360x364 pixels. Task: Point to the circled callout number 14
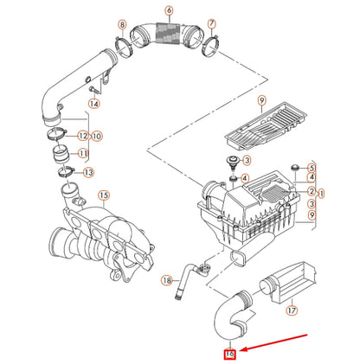pyautogui.click(x=94, y=104)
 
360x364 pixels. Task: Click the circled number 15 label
pyautogui.click(x=104, y=196)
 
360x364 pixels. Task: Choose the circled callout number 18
pyautogui.click(x=168, y=279)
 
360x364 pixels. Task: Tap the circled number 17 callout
pyautogui.click(x=292, y=308)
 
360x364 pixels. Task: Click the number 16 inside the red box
pyautogui.click(x=230, y=352)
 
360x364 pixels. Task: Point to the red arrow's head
pyautogui.click(x=244, y=348)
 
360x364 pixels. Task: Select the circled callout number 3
pyautogui.click(x=247, y=162)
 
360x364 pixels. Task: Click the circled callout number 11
pyautogui.click(x=83, y=153)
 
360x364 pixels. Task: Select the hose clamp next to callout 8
pyautogui.click(x=124, y=42)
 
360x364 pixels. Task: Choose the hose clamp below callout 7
pyautogui.click(x=208, y=42)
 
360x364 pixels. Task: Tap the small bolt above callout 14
pyautogui.click(x=93, y=87)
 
